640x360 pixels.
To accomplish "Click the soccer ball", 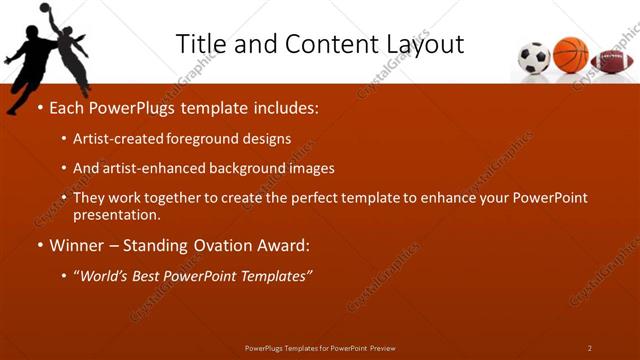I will click(x=535, y=58).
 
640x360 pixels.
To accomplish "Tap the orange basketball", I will click(x=571, y=54).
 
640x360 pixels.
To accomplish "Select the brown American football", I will click(x=611, y=61).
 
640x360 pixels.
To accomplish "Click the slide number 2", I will click(x=590, y=348).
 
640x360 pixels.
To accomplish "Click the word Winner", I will click(x=77, y=245).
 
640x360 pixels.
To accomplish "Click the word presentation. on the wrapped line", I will click(x=117, y=214).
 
